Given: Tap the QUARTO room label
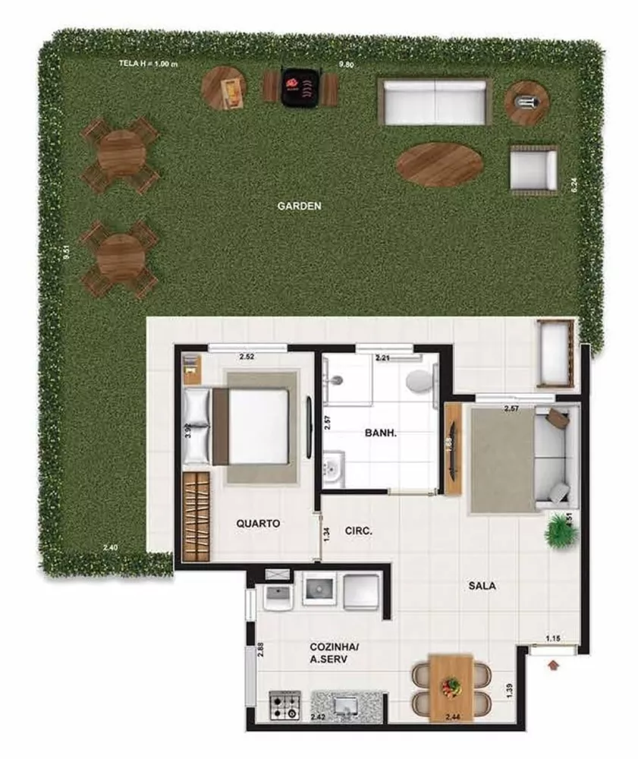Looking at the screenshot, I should point(258,523).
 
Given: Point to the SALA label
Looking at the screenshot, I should point(482,585).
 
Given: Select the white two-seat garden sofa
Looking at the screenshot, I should point(434,100).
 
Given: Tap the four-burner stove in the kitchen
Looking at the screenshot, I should point(287,706).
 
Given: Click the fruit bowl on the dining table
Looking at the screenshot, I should point(451,687).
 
